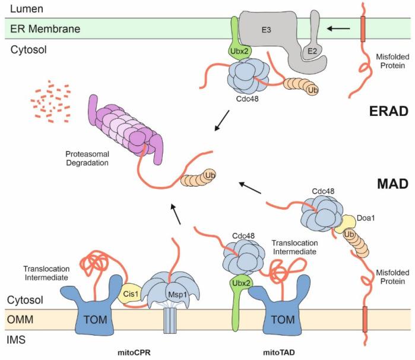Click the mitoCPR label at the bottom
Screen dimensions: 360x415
(x=141, y=352)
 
